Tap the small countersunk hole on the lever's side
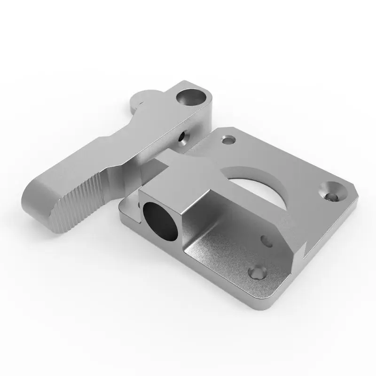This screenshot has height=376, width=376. point(181,137)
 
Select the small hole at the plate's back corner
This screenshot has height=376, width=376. point(228,140)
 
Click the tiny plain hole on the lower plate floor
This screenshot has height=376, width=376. point(266,240)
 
